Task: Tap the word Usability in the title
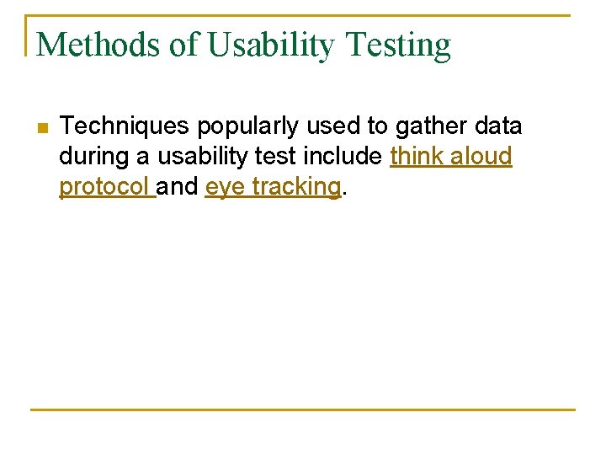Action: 271,45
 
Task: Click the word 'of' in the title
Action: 184,45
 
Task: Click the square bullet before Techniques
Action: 44,128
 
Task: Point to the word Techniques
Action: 125,126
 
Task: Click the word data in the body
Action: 499,126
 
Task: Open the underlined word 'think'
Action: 418,157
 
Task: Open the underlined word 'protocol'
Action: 104,187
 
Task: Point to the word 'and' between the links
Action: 178,187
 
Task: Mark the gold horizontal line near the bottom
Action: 303,409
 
